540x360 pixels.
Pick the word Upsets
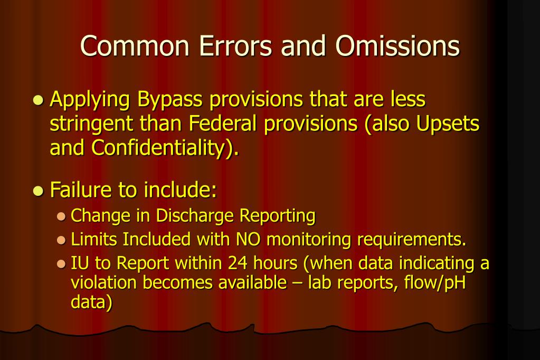tap(448, 125)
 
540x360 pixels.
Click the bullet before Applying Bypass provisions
tap(37, 101)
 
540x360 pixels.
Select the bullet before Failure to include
tap(37, 191)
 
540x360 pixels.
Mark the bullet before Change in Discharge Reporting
tap(61, 216)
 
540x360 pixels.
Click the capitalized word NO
tap(248, 240)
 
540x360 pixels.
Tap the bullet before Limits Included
tap(61, 240)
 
